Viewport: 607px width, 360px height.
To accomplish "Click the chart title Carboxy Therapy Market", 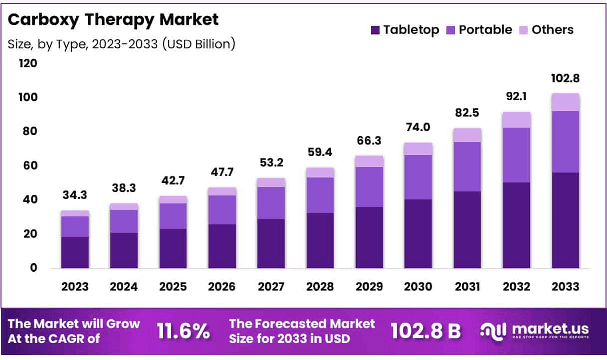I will click(x=113, y=20).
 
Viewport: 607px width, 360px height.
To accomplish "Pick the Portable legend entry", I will click(x=479, y=30).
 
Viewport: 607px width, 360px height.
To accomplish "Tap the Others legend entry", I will click(x=546, y=30).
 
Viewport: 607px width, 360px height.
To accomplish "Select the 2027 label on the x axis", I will click(x=271, y=287).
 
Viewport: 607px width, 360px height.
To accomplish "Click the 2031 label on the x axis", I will click(x=467, y=287).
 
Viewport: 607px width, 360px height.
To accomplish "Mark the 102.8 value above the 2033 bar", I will click(x=566, y=79).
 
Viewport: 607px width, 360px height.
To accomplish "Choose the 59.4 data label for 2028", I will click(x=320, y=152).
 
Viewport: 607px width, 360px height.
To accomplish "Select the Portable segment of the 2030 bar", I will click(x=418, y=177).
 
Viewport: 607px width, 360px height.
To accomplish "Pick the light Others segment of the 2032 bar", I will click(x=516, y=120).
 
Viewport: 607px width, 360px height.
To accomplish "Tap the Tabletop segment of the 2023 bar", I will click(x=75, y=252).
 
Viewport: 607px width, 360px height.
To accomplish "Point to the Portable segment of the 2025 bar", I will click(x=173, y=216).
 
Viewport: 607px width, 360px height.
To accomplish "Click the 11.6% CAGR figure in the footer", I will click(x=183, y=331).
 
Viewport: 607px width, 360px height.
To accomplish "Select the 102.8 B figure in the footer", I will click(x=425, y=331).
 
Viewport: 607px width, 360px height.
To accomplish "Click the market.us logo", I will click(x=534, y=331).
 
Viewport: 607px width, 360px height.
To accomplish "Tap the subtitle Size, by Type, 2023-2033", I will click(x=121, y=44).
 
